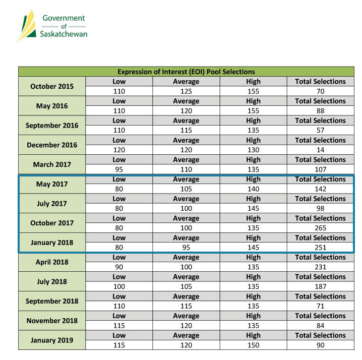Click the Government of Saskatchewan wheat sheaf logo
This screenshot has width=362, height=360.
28,25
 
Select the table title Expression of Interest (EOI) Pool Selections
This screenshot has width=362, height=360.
186,72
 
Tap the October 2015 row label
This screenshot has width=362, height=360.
52,86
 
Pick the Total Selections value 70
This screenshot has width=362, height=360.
321,91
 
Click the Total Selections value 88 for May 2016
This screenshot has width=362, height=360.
321,111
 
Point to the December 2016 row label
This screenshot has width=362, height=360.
52,145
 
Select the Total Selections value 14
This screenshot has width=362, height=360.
321,150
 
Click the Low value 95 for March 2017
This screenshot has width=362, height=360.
119,169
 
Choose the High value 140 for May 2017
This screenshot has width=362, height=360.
253,189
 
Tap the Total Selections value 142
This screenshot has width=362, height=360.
321,189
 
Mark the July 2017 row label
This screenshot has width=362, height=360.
52,203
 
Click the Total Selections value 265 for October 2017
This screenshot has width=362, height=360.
321,228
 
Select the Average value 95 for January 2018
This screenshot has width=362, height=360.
186,248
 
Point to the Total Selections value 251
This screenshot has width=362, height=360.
321,248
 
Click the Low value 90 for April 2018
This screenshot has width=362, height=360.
119,267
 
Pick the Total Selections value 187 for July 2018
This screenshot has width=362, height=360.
321,286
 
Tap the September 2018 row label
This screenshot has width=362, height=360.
52,301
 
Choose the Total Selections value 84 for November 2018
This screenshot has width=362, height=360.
321,326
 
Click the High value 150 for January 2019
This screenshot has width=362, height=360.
253,345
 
